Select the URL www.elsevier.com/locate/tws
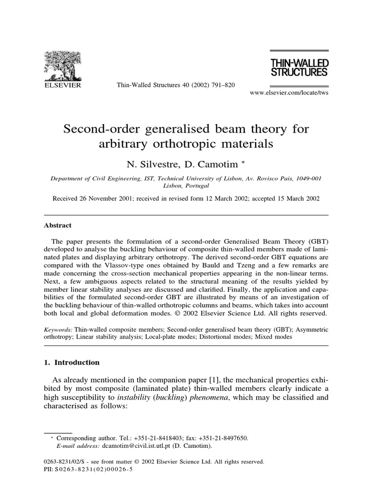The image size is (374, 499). click(x=289, y=93)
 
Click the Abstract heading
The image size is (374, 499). click(x=58, y=225)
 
